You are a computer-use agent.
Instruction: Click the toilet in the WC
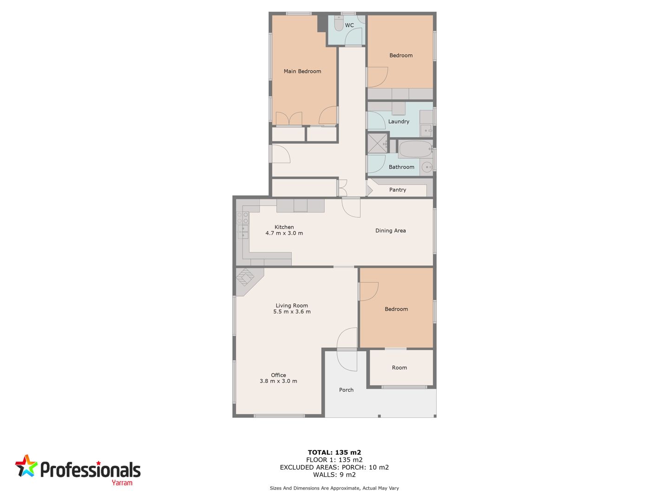pos(338,23)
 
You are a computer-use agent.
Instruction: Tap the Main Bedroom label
pos(302,71)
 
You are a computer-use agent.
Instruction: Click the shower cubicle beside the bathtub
pos(377,143)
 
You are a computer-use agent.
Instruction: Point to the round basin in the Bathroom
pos(427,167)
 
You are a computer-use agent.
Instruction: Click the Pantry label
pos(397,190)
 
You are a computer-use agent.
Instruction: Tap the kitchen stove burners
pos(243,218)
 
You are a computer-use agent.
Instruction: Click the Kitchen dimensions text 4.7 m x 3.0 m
pos(284,233)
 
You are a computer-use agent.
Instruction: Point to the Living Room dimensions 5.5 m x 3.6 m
pos(292,311)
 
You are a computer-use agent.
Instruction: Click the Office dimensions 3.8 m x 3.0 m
pos(278,381)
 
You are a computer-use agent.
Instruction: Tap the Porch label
pos(346,390)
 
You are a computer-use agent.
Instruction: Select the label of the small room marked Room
pos(399,368)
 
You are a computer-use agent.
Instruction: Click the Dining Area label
pos(390,231)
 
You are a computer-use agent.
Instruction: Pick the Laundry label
pos(399,122)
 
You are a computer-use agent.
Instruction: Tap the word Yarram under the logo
pos(122,483)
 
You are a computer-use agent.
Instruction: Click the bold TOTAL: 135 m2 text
pos(334,452)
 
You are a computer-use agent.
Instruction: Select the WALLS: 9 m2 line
pos(334,475)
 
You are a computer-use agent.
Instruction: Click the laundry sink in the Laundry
pos(426,130)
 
